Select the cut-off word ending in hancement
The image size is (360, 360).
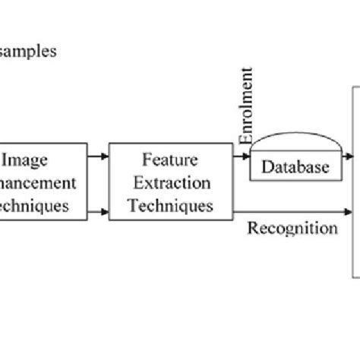[38, 182]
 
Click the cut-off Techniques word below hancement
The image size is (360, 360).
[34, 204]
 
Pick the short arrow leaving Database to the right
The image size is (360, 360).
[346, 156]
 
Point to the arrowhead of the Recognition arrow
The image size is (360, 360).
[350, 212]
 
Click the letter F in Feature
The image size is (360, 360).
[145, 160]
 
